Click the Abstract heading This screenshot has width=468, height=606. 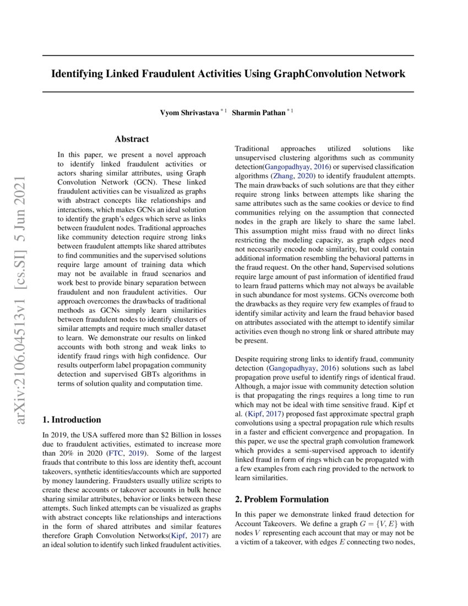pos(132,139)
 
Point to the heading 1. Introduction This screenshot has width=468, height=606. pos(72,419)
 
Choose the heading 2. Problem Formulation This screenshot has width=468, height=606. pos(281,499)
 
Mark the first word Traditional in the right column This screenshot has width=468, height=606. pos(252,149)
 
